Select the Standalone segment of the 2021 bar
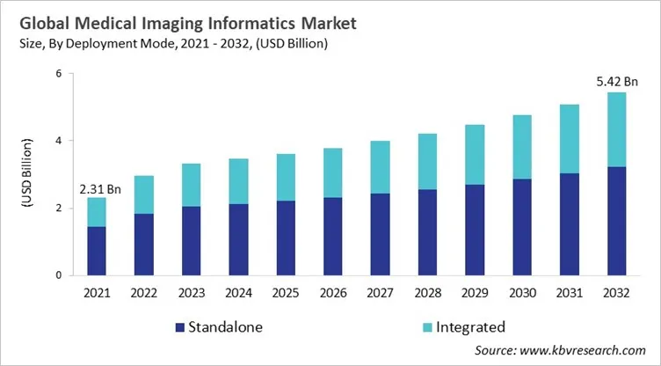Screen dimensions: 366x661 tap(96, 251)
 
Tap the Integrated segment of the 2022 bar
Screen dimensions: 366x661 tap(144, 194)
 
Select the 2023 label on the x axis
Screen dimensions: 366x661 tap(192, 292)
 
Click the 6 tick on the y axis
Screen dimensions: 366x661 tap(58, 73)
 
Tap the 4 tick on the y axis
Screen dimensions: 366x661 tap(58, 141)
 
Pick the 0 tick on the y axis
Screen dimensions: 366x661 tap(58, 275)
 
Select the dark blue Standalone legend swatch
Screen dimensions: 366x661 tap(181, 327)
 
